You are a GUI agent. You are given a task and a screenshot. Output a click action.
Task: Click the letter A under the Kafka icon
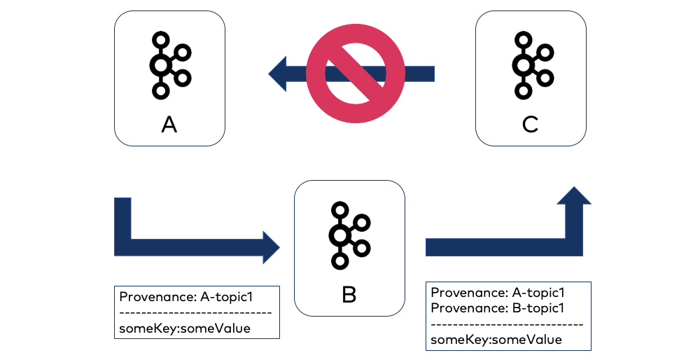point(169,125)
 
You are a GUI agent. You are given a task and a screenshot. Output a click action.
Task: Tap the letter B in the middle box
point(349,295)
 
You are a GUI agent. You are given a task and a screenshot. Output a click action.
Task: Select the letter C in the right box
point(530,125)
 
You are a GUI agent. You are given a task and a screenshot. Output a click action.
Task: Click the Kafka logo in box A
point(169,65)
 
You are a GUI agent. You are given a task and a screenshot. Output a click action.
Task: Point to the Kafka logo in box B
point(349,235)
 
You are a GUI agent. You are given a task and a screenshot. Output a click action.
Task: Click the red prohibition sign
point(356,73)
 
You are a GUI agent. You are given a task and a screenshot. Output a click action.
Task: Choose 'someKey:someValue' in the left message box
point(185,327)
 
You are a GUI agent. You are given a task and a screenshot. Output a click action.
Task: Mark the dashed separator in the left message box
point(195,312)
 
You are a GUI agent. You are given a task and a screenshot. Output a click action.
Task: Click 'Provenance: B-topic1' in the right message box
point(498,308)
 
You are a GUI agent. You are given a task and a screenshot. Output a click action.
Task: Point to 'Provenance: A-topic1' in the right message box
point(498,293)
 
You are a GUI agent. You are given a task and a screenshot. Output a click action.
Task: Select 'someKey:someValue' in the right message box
point(496,339)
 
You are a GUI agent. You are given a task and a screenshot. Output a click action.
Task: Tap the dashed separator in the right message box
point(507,324)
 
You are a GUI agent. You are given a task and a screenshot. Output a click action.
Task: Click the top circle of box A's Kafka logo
point(161,40)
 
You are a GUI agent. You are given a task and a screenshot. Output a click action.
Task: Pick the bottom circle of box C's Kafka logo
point(522,90)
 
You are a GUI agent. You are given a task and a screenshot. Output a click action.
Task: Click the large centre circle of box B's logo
point(340,235)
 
